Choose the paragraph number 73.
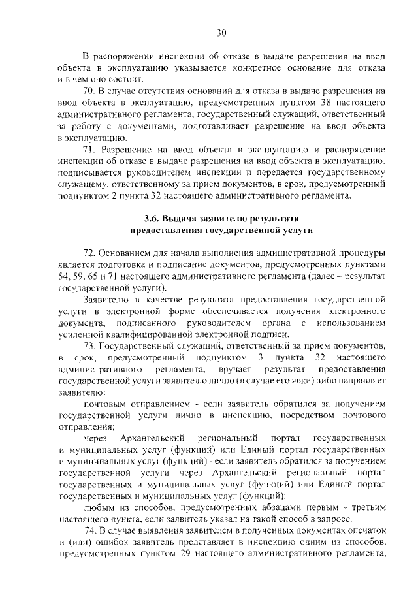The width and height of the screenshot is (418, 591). coord(92,345)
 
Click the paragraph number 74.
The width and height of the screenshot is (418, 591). coord(92,534)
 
